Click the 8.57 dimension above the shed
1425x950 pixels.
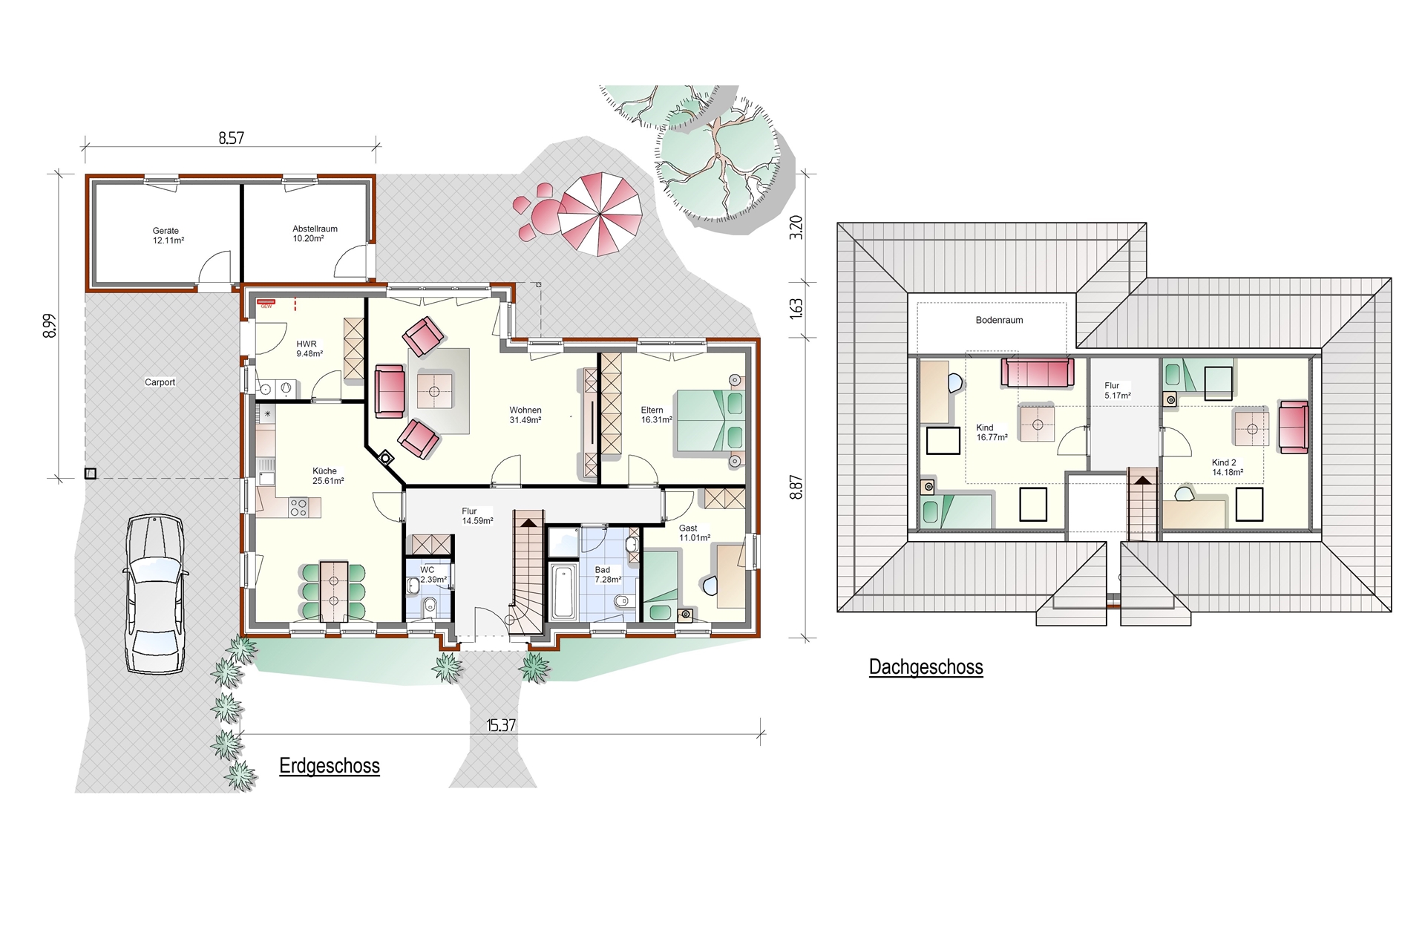coord(231,138)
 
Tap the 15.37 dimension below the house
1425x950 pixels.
coord(501,725)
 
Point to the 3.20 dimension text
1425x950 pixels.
coord(796,227)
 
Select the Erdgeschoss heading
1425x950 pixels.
coord(330,766)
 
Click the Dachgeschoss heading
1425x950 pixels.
coord(926,667)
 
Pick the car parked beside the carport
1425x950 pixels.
coord(155,594)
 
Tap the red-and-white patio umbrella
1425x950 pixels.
coord(600,214)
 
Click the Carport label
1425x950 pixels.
coord(160,382)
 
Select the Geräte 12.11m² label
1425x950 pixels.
coord(168,236)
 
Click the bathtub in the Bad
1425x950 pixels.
coord(563,592)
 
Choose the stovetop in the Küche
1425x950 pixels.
coord(298,508)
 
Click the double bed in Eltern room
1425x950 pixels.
coord(709,420)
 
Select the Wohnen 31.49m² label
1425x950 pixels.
coord(525,415)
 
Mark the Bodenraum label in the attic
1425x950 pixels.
coord(999,320)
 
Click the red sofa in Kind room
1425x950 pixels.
coord(1038,373)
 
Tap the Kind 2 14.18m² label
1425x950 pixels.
coord(1227,467)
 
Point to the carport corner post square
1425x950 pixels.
coord(91,474)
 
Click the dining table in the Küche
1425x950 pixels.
coord(334,592)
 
